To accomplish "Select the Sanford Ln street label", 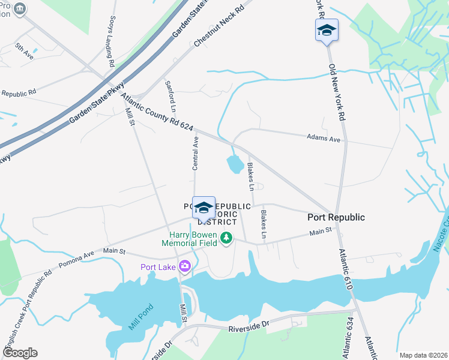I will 171,97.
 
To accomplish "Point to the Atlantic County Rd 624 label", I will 157,112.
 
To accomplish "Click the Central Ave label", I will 196,153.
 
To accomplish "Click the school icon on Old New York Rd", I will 327,30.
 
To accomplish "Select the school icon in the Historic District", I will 203,208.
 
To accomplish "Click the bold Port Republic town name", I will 336,217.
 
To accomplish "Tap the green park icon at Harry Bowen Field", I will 226,238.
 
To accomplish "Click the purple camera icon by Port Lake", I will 184,266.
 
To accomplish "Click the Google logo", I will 20,353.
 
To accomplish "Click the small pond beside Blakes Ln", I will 235,164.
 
